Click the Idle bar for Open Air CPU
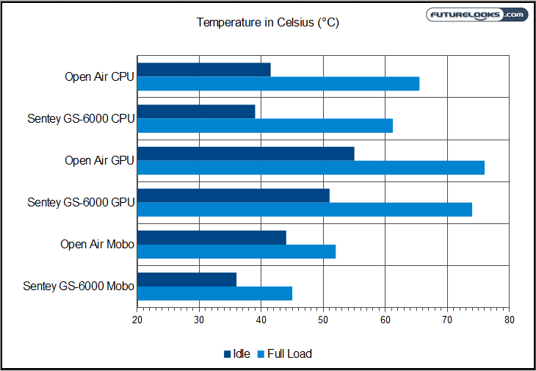point(203,70)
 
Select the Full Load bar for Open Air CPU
point(278,84)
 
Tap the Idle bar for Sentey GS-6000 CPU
point(196,112)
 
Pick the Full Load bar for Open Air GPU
point(311,168)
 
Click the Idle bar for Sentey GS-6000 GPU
point(233,195)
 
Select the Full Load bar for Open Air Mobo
point(236,251)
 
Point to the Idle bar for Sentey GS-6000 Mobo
point(186,279)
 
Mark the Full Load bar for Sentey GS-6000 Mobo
point(214,293)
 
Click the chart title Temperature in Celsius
point(267,23)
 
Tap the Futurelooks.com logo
point(477,15)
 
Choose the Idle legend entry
point(236,354)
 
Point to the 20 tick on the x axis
point(137,320)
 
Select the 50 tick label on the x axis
point(323,320)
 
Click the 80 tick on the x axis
point(509,320)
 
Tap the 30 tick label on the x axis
point(199,320)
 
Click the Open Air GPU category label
point(99,160)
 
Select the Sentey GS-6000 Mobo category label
point(79,286)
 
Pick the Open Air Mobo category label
point(97,244)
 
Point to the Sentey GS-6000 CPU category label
point(81,118)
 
